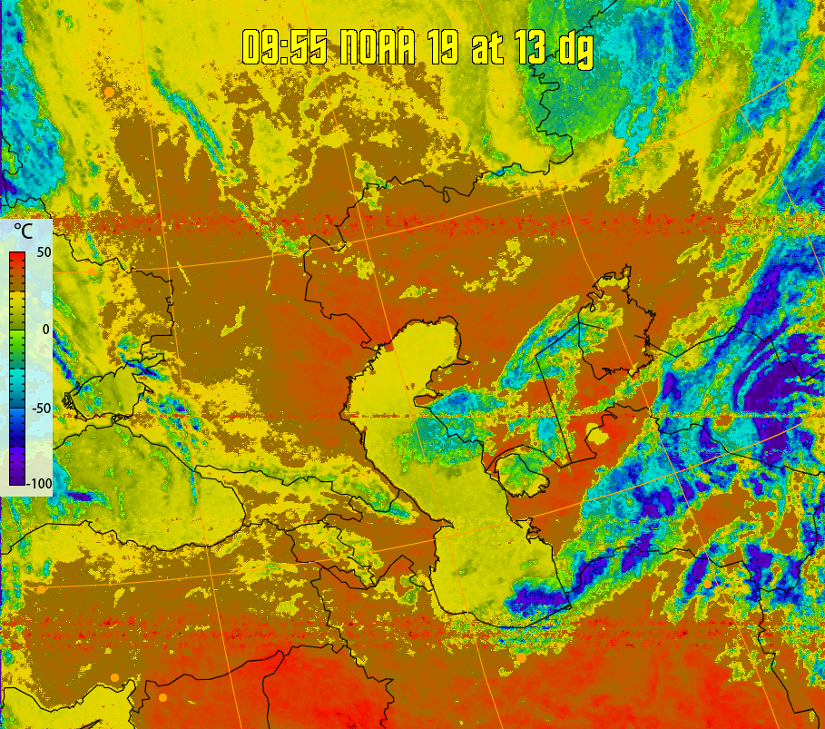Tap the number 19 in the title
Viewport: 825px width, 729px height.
point(444,47)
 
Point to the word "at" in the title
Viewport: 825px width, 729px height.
point(487,47)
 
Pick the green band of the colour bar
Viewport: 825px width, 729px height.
point(16,340)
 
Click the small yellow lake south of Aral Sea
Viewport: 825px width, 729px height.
point(599,436)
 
